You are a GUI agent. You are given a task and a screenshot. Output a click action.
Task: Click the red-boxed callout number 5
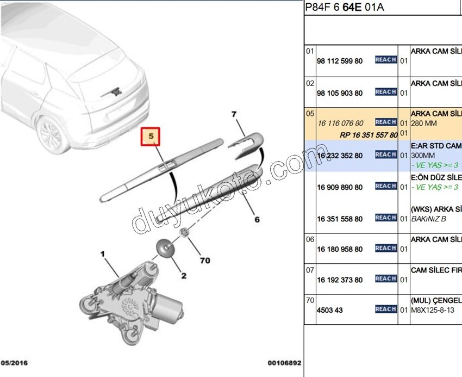(x=152, y=137)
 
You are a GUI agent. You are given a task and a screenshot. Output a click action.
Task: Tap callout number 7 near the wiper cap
(x=234, y=115)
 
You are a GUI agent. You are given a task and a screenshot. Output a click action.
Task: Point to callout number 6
(x=257, y=220)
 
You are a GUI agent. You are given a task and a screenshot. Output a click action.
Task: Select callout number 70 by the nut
(x=204, y=261)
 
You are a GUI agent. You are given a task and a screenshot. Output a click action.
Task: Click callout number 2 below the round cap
(x=184, y=276)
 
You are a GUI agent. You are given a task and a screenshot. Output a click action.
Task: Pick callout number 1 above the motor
(x=102, y=254)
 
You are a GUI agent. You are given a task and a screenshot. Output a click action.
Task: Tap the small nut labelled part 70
(x=185, y=233)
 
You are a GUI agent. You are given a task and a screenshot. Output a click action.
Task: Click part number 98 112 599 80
(x=340, y=61)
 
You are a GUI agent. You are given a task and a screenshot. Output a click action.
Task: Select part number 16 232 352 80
(x=340, y=156)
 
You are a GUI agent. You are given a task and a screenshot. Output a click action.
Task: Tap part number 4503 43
(x=330, y=311)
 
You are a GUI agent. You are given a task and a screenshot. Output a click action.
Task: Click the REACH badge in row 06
(x=385, y=248)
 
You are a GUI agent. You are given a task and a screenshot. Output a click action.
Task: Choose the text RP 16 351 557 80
(x=368, y=135)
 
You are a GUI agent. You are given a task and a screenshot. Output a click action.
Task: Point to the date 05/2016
(x=15, y=362)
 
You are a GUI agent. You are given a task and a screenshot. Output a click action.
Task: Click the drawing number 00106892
(x=284, y=362)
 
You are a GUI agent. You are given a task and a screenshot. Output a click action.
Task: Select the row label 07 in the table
(x=310, y=269)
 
